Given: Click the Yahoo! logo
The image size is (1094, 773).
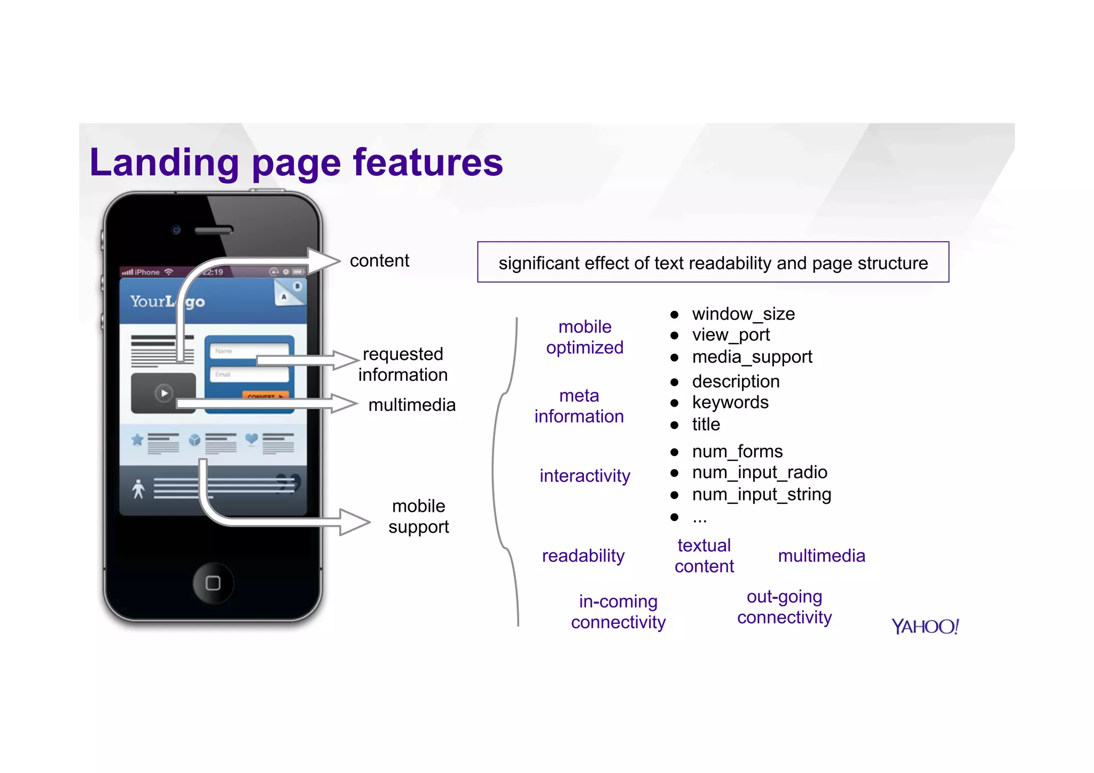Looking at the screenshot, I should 925,626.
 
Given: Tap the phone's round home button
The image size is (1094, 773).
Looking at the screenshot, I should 213,583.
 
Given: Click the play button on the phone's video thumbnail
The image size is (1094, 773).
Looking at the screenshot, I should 164,393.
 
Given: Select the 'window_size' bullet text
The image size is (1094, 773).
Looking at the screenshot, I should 743,314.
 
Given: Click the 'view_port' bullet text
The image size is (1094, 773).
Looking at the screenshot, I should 731,335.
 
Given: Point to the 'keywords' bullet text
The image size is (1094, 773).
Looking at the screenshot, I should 730,402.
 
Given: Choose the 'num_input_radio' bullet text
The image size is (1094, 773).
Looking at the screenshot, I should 760,472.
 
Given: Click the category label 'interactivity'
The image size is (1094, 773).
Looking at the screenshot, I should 585,475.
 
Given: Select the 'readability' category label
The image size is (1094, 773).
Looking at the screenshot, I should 583,556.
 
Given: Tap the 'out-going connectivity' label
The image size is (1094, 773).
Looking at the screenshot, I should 784,607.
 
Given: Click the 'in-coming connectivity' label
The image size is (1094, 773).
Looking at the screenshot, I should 618,612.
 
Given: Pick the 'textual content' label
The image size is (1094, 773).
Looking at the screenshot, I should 704,556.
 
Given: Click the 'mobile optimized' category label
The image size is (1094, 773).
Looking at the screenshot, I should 585,337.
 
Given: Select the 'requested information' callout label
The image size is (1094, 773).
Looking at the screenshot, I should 403,364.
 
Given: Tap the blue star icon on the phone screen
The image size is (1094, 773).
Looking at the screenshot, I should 137,440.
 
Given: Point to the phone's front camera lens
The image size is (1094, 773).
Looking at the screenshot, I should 176,230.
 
